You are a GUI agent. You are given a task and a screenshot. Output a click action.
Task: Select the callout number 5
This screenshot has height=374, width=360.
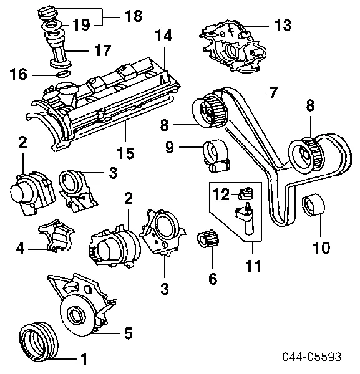128,333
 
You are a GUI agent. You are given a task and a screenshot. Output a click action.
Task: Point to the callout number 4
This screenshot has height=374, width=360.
21,249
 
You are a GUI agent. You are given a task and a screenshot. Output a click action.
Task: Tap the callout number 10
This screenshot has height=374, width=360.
320,247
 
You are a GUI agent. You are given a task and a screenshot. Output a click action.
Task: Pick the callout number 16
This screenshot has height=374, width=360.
19,75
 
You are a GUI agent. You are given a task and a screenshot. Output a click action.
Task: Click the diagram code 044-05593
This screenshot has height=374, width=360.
312,357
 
